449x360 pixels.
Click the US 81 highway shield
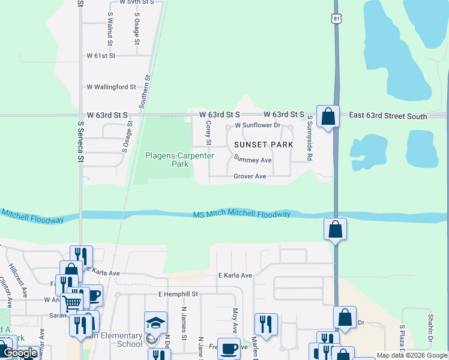point(337,19)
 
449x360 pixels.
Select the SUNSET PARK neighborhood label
point(264,145)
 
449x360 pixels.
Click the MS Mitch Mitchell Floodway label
point(242,214)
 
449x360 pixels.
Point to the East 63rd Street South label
point(388,116)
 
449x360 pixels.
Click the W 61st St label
point(109,55)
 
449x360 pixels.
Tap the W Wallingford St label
point(112,87)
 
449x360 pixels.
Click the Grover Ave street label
point(250,176)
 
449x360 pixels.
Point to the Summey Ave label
point(253,160)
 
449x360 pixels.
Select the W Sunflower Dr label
point(258,125)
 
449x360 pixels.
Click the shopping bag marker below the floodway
point(335,229)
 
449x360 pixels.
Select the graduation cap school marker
point(155,322)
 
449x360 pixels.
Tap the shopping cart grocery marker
point(72,302)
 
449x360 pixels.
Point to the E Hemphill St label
point(178,295)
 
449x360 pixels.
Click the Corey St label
point(208,133)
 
